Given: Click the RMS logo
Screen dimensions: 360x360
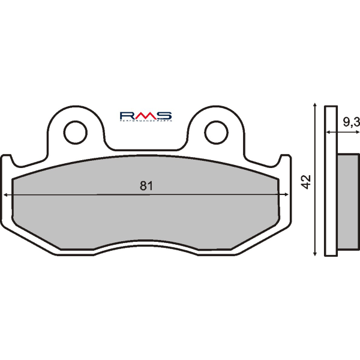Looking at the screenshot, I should pyautogui.click(x=146, y=115).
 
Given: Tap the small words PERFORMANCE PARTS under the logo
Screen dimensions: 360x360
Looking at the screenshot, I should pyautogui.click(x=146, y=122).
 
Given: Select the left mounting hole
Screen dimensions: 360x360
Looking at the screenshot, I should pyautogui.click(x=76, y=132).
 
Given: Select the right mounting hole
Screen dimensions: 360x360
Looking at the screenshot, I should pyautogui.click(x=215, y=132).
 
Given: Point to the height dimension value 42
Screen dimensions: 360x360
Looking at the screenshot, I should pyautogui.click(x=306, y=181).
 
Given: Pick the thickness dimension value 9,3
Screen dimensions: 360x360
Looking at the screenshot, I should pyautogui.click(x=351, y=122).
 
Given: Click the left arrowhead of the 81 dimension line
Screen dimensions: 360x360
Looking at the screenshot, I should pyautogui.click(x=6, y=195).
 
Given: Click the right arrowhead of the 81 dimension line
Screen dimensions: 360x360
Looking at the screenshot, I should pyautogui.click(x=286, y=195).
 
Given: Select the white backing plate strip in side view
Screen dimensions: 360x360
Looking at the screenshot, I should pyautogui.click(x=331, y=180).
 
